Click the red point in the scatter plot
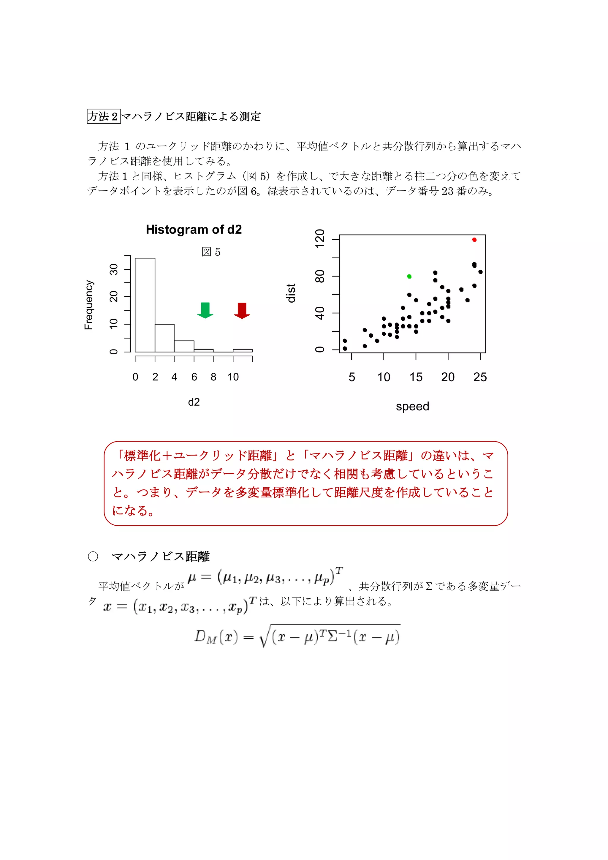[x=474, y=240]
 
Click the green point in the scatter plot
[x=409, y=276]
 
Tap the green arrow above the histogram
[x=205, y=310]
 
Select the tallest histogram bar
[x=145, y=305]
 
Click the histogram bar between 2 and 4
[x=164, y=338]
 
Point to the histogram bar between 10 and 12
[x=243, y=351]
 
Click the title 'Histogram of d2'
[x=194, y=229]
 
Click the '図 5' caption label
[x=211, y=252]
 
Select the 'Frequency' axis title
[x=88, y=305]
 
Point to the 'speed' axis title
[x=412, y=407]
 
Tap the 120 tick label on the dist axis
[x=320, y=239]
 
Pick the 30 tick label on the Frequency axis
[x=113, y=269]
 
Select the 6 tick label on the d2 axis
[x=194, y=377]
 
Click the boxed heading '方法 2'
[x=103, y=116]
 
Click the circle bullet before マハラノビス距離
[x=93, y=557]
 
